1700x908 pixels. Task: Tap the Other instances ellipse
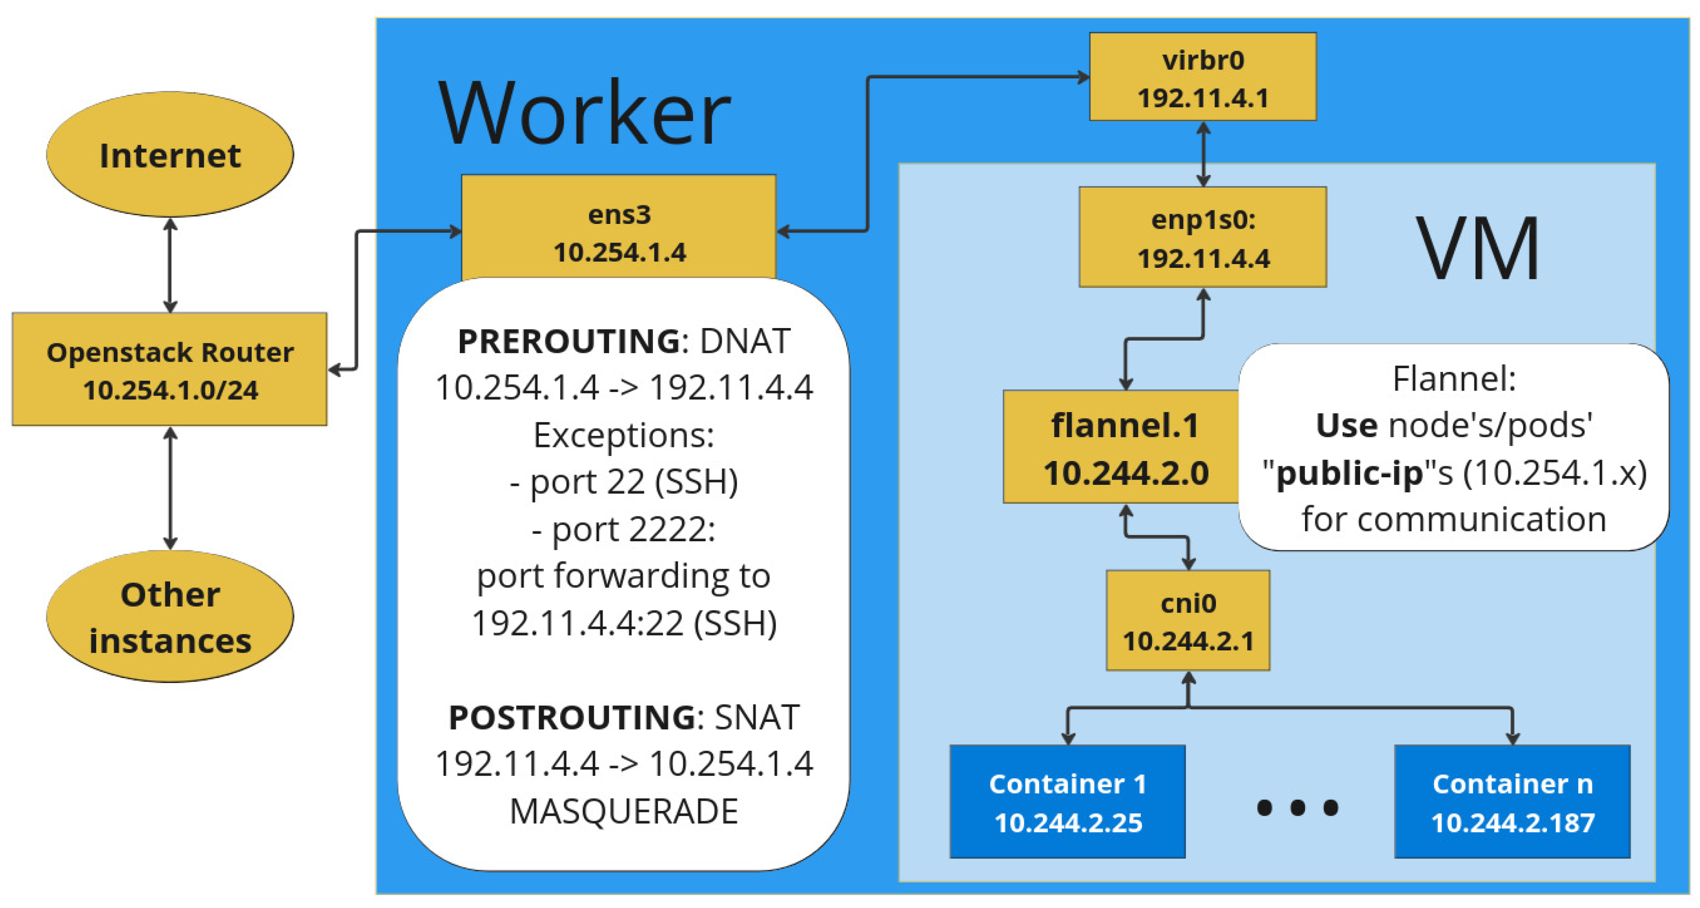click(170, 617)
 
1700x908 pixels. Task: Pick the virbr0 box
click(1202, 77)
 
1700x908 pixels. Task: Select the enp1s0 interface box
click(1202, 237)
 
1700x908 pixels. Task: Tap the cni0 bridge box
click(1188, 621)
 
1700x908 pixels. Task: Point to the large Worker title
click(584, 112)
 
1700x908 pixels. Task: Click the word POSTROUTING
click(571, 717)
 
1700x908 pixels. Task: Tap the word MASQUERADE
click(624, 811)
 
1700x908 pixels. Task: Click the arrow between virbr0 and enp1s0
click(1203, 154)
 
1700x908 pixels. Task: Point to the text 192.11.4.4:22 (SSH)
click(624, 623)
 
